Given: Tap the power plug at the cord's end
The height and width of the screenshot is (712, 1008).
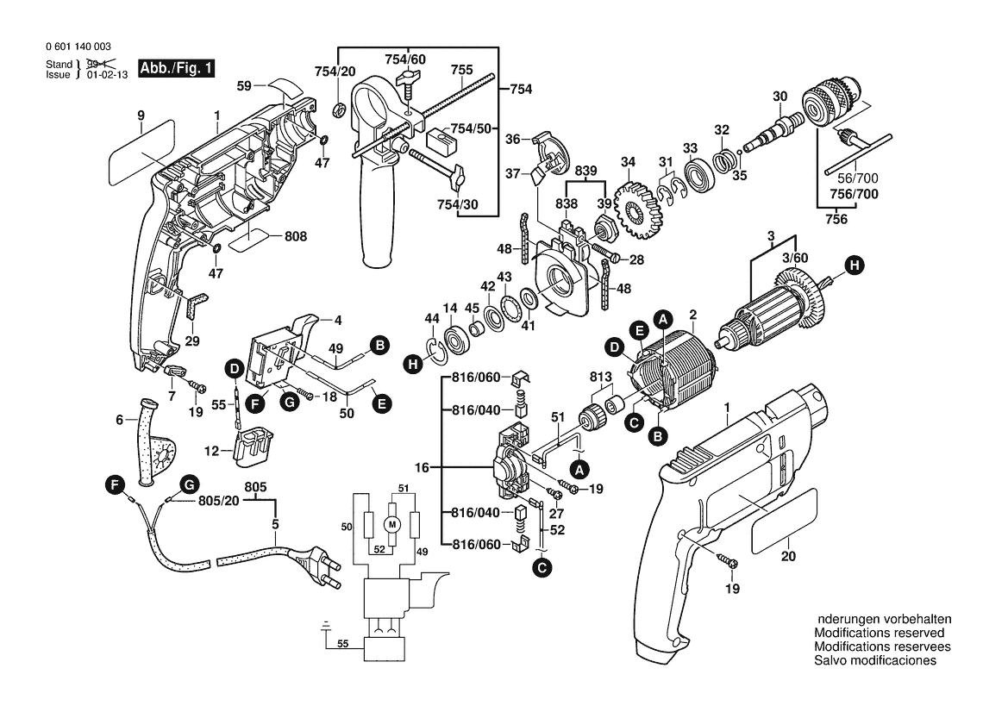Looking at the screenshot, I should [x=313, y=570].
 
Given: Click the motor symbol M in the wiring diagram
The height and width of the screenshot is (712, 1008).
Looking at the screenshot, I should [x=392, y=524].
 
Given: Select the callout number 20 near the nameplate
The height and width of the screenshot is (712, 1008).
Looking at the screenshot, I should [x=788, y=557].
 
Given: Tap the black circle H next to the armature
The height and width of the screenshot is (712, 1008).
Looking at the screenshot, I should [x=853, y=266].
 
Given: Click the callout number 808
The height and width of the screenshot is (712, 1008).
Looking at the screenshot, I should [x=296, y=235].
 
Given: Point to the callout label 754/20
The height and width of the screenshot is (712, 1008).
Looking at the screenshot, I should [x=334, y=70].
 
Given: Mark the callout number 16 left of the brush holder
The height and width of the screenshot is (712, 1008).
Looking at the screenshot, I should [x=423, y=467].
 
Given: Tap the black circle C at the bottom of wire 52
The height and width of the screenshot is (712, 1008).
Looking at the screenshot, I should [x=542, y=567].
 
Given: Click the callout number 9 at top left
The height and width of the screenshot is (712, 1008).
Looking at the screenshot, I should [x=139, y=115].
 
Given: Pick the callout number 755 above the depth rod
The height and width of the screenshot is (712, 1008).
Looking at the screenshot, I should [x=461, y=69].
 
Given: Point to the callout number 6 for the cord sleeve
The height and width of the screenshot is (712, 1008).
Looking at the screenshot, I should [x=120, y=420].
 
